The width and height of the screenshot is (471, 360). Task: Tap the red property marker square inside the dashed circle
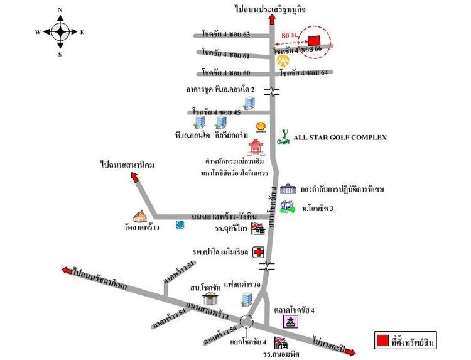(313, 39)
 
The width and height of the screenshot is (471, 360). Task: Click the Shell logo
(261, 127)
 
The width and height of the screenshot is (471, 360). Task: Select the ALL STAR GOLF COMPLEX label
(340, 137)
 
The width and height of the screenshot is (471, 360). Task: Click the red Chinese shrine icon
(256, 148)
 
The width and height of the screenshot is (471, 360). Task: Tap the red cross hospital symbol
(258, 252)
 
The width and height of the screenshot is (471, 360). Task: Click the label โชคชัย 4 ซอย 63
(226, 34)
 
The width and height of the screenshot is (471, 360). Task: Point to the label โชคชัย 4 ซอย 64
(304, 73)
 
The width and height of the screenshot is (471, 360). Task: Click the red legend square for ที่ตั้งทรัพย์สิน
(381, 342)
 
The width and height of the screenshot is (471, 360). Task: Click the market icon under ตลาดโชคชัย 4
(291, 321)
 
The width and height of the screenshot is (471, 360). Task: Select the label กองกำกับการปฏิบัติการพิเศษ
(342, 188)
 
